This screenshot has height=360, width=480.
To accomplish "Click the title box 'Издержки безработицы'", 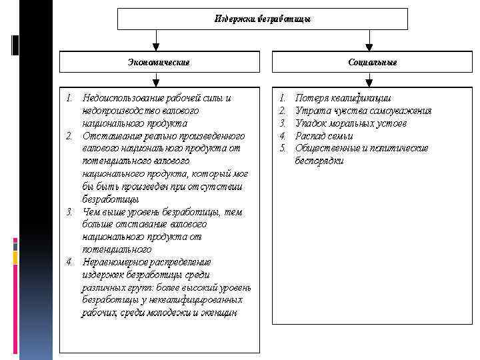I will tap(263, 19).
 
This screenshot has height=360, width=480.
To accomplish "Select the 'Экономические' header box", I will tap(159, 62).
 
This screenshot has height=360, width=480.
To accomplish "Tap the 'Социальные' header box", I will tap(372, 62).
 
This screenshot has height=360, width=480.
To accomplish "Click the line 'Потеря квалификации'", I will tap(343, 98).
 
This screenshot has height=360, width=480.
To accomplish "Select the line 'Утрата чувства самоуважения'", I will tap(363, 111).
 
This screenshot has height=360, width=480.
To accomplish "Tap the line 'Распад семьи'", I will tap(324, 136).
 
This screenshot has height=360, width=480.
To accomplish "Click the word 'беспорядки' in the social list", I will tap(319, 161).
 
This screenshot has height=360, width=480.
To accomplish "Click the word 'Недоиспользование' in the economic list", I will tap(122, 98).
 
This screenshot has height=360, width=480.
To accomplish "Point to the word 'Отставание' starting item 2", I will tap(104, 136).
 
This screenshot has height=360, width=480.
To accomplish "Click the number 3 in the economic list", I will tap(69, 212).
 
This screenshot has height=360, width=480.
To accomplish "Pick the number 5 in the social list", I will tap(282, 148).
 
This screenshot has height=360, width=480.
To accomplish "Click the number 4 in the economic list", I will tap(69, 262).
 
